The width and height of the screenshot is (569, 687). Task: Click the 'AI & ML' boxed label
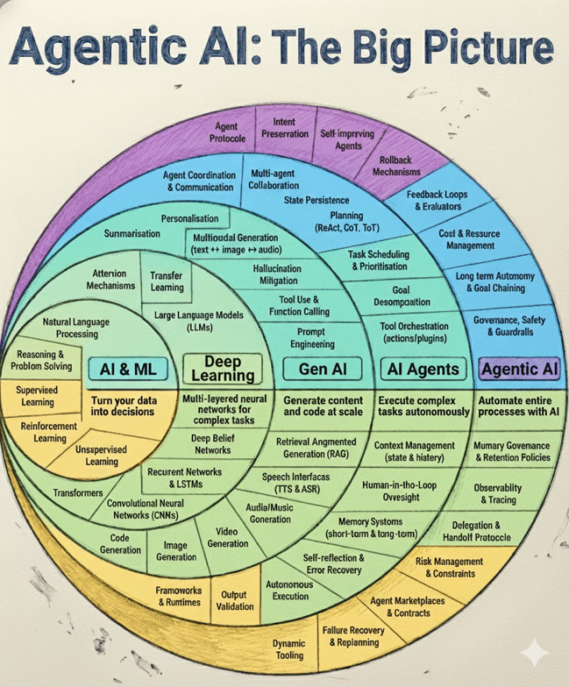(x=129, y=368)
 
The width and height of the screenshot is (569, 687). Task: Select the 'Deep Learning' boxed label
(x=223, y=368)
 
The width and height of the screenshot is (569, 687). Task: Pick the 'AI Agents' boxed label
(x=423, y=368)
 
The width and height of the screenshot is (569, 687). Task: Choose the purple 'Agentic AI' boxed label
(x=519, y=368)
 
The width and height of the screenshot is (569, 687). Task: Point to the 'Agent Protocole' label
(x=227, y=133)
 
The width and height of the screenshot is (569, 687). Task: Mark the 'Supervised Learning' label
(x=38, y=396)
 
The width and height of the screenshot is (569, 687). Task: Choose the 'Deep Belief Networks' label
(x=212, y=444)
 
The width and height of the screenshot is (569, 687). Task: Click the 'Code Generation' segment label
(x=120, y=544)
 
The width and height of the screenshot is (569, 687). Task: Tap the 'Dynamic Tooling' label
(x=289, y=649)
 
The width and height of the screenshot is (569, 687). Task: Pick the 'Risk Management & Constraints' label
(x=450, y=568)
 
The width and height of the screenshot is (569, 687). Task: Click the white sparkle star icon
(x=534, y=653)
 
